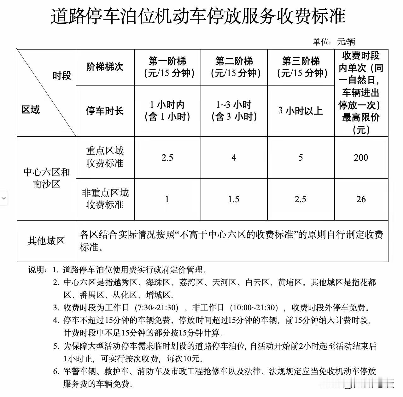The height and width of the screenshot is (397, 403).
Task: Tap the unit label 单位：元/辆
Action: click(334, 42)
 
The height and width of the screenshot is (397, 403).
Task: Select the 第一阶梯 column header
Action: click(167, 67)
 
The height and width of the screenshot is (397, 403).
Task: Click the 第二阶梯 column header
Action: click(234, 67)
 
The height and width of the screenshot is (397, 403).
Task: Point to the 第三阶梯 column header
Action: click(301, 67)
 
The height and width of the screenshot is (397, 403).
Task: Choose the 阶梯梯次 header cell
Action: click(105, 67)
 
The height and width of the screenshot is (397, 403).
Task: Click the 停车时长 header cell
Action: click(105, 111)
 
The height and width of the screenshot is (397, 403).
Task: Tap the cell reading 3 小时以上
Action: click(301, 111)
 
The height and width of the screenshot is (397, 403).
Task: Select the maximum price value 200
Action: click(361, 157)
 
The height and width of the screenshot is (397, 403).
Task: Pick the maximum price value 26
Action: click(361, 199)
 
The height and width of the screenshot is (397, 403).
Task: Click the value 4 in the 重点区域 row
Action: click(234, 157)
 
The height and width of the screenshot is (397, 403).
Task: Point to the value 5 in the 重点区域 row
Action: click(301, 157)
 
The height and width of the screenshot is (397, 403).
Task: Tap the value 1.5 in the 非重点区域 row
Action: click(234, 199)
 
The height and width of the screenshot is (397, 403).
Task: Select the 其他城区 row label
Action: click(46, 241)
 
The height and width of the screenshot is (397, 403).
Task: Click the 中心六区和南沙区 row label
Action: click(46, 178)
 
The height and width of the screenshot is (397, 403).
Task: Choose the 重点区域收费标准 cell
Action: click(105, 157)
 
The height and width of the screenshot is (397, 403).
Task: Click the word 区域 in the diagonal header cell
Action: click(31, 110)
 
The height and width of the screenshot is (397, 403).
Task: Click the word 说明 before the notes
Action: click(37, 270)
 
